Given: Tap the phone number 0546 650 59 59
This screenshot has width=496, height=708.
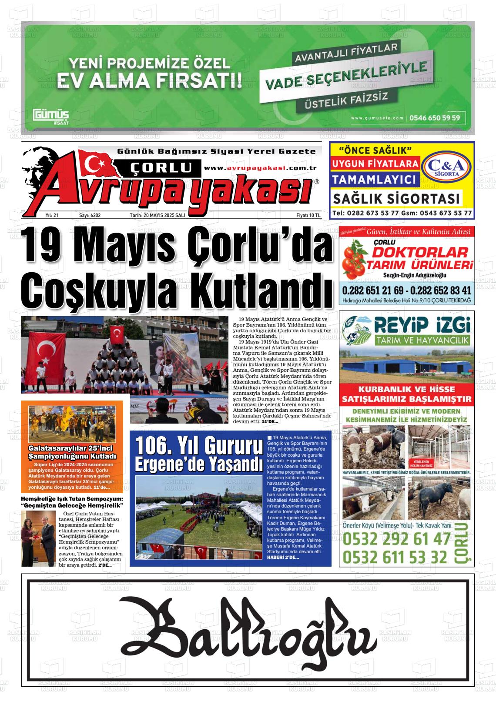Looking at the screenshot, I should click(435, 117).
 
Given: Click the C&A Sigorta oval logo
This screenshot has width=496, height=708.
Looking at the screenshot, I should click(447, 167).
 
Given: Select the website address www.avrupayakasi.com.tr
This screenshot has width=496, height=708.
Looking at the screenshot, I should click(260, 168).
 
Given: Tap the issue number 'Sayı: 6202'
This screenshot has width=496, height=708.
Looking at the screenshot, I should click(90, 215).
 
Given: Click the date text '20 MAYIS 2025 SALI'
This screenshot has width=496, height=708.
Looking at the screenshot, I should click(164, 215).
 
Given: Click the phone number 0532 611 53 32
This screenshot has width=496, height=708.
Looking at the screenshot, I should click(395, 557).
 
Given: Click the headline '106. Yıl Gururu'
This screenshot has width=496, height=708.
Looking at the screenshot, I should click(199, 445).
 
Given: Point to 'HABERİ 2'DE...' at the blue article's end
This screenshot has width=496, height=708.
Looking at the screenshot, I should click(283, 558).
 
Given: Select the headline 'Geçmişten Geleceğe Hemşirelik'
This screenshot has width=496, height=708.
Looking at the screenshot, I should click(72, 505).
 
